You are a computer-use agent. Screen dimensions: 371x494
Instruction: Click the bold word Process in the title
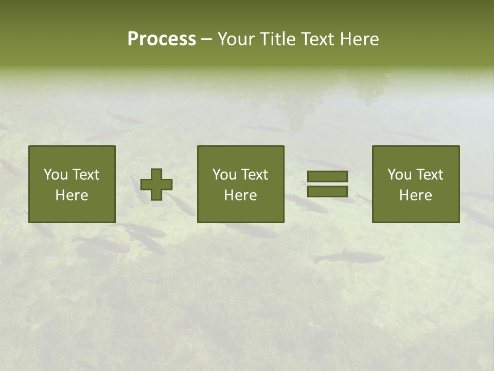162,39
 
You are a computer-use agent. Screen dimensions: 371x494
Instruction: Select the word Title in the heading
278,39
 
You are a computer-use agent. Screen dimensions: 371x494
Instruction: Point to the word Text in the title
317,39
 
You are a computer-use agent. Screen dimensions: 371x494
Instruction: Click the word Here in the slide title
359,39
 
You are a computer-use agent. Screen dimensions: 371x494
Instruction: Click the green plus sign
156,184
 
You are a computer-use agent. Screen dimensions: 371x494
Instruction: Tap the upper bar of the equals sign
327,176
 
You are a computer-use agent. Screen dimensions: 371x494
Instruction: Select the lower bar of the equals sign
327,191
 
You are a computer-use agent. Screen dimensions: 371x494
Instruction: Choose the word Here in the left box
72,195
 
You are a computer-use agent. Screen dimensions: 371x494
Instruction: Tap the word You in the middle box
225,175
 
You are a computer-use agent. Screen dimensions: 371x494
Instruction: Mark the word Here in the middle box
240,195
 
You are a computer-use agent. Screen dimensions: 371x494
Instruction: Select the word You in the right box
400,175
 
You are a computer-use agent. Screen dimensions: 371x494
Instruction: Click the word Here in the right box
415,195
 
